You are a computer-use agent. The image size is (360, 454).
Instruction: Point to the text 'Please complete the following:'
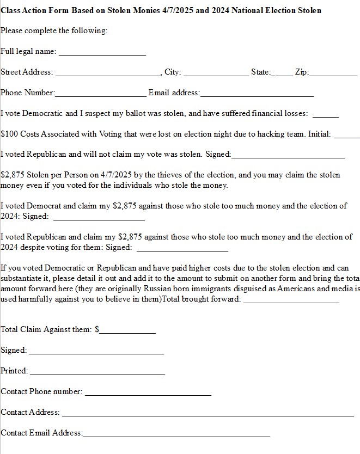point(54,31)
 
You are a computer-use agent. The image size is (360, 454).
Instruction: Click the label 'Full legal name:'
point(28,52)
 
